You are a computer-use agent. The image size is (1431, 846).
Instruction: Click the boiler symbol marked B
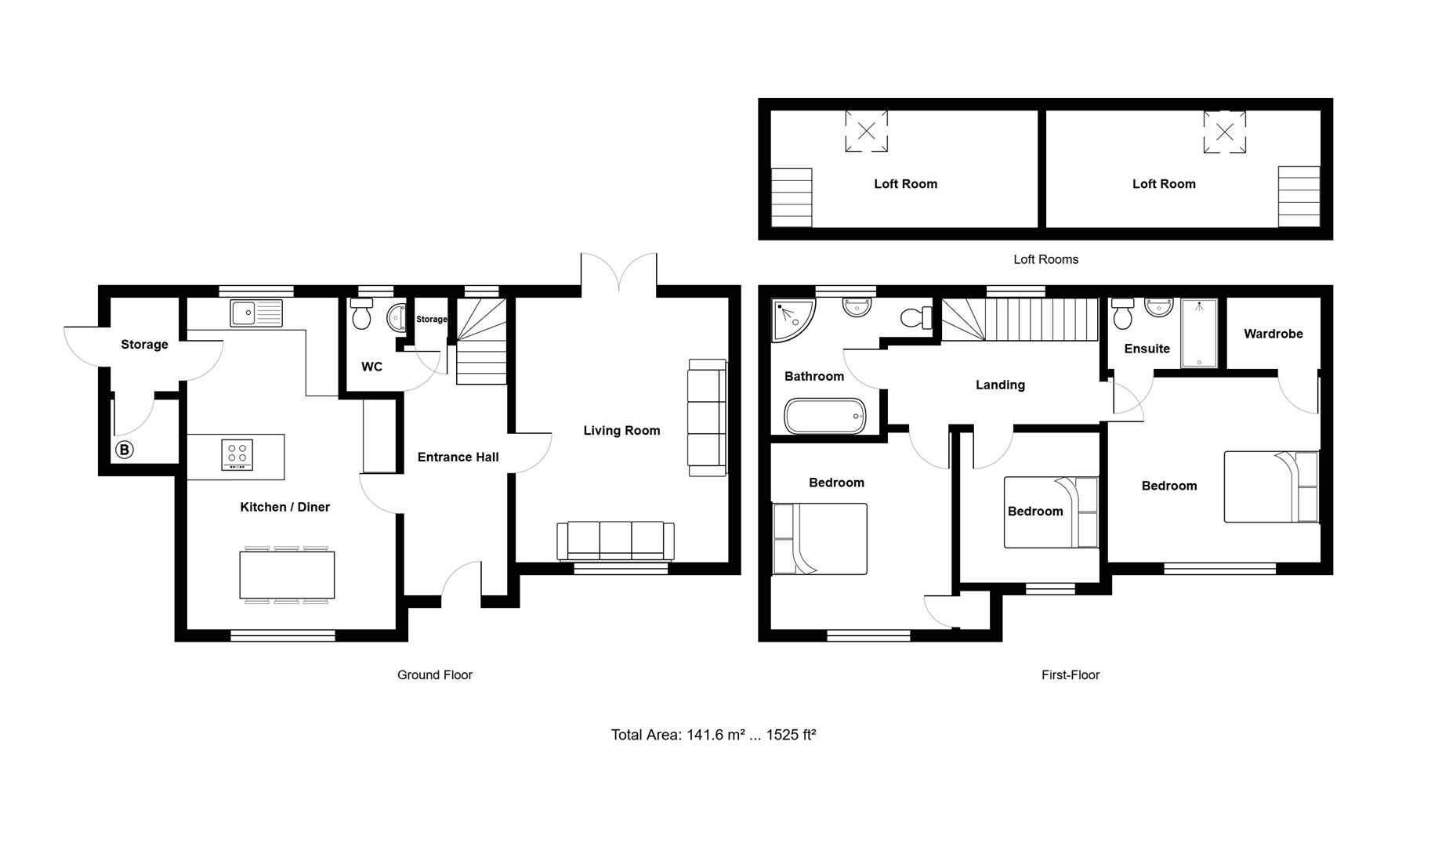124,450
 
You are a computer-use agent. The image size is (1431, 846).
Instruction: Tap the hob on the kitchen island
237,455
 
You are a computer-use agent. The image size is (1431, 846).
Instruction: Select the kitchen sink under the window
255,313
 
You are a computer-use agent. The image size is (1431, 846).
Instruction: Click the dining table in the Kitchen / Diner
287,575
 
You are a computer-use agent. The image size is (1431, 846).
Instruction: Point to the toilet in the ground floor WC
361,315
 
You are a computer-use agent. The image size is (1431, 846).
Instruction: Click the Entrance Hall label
458,457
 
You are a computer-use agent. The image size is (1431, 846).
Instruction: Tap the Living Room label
621,431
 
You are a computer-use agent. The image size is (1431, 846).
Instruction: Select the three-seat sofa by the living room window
615,540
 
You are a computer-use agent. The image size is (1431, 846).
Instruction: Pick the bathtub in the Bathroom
825,415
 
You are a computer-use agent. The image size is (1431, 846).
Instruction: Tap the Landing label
1000,385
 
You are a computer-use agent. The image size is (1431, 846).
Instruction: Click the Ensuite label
1147,349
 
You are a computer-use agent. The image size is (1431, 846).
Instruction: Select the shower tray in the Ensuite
1199,333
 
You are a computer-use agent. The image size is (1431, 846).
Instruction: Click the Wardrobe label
1273,334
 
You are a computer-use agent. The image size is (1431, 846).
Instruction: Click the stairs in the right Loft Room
1299,196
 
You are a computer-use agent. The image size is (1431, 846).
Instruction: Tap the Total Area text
713,735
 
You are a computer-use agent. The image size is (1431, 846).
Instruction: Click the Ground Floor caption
434,675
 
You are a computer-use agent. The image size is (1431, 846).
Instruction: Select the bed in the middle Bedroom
1050,512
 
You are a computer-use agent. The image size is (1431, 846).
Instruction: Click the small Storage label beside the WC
431,320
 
